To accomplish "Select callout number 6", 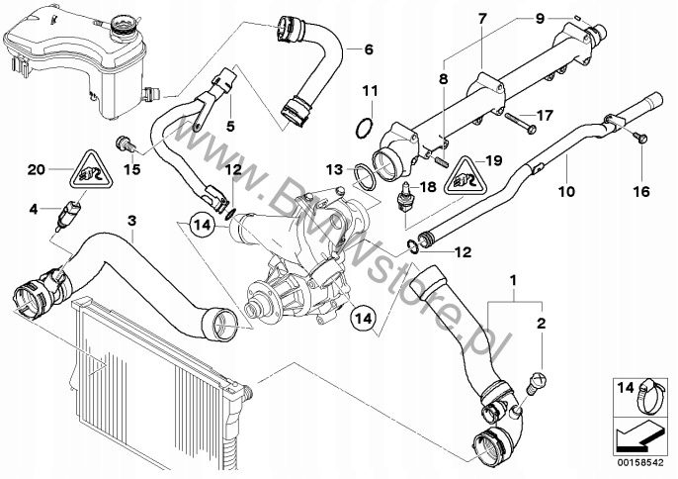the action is [369, 49].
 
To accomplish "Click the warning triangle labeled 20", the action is [91, 170].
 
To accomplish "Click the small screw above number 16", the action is [642, 139].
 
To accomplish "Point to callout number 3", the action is [131, 221].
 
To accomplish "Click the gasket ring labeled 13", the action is [365, 176].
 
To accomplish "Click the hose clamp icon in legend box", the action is [650, 396].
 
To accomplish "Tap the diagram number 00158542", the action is [640, 463].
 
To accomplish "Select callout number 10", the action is [566, 191].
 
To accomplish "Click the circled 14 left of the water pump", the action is [202, 226].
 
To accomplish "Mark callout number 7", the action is [482, 19].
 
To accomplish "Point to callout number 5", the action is [230, 127].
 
